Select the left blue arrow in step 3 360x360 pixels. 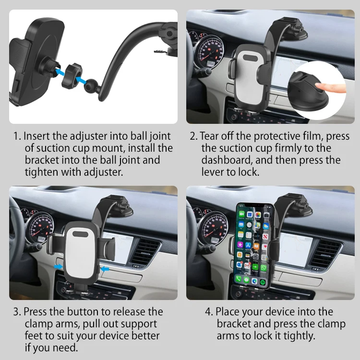click(58, 266)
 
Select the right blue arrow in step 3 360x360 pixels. click(105, 268)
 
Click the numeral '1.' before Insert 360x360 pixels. click(17, 136)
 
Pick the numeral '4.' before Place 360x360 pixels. click(209, 312)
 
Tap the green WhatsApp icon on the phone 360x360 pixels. click(264, 268)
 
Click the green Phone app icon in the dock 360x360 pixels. click(239, 279)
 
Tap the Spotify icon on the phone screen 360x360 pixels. click(263, 282)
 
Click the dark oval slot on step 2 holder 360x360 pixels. click(251, 58)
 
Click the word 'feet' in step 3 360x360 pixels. click(33, 336)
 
